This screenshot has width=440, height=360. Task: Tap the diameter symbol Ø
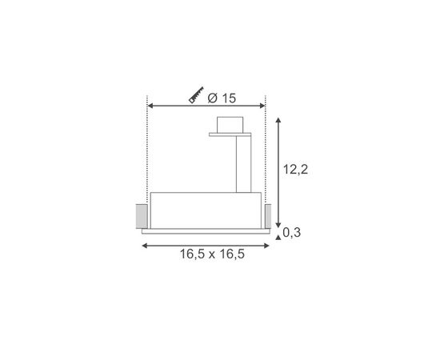pyautogui.click(x=211, y=98)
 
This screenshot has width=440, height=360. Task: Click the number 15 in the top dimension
pyautogui.click(x=229, y=98)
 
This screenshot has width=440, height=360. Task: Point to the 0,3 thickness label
pyautogui.click(x=293, y=233)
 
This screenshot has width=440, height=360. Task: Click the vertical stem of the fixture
pyautogui.click(x=244, y=164)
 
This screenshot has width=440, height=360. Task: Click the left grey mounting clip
pyautogui.click(x=141, y=215)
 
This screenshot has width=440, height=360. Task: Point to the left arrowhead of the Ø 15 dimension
pyautogui.click(x=151, y=105)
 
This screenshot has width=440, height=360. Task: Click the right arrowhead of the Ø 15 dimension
pyautogui.click(x=262, y=105)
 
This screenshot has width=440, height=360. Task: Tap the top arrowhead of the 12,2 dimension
pyautogui.click(x=278, y=119)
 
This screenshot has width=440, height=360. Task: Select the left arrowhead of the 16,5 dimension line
pyautogui.click(x=145, y=245)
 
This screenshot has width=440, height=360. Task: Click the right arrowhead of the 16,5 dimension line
pyautogui.click(x=266, y=245)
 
